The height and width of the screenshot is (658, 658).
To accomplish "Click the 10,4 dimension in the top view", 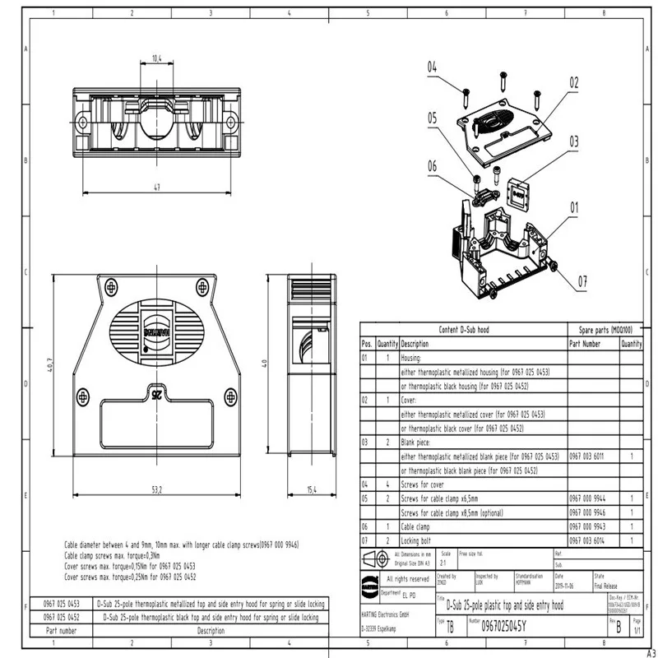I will tap(156, 58).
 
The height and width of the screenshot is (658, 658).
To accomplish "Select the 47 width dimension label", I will tap(156, 187).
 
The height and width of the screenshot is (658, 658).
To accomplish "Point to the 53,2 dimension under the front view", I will tap(156, 489).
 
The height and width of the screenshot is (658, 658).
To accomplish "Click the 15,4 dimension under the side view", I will tap(311, 489).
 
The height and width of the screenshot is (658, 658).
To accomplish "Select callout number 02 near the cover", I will tap(573, 83).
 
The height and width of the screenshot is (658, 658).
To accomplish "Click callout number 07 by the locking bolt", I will tap(582, 280).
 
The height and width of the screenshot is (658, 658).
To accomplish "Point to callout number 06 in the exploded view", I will tap(432, 164).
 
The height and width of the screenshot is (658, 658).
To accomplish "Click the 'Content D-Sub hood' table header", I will tap(464, 328).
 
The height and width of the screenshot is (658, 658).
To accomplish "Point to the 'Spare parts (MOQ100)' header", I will tap(605, 328).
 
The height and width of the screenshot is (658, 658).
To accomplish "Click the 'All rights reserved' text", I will tap(409, 578).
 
